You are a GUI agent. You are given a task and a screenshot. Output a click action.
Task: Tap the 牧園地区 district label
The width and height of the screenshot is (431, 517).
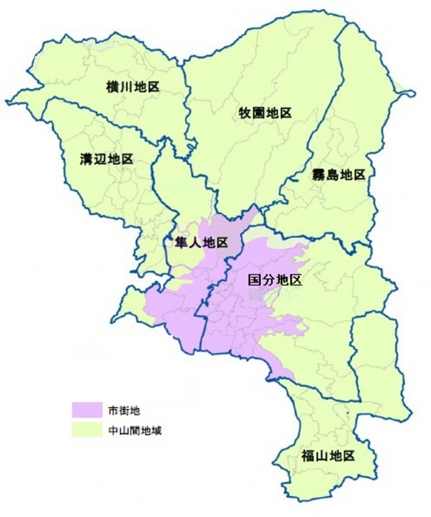[x=264, y=112]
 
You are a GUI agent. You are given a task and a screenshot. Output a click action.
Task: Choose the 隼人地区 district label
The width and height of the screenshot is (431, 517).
[x=202, y=242]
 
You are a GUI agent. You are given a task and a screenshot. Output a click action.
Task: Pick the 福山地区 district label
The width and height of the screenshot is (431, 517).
[x=328, y=456]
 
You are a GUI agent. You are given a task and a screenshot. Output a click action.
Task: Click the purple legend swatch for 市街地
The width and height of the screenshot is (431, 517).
[x=86, y=410]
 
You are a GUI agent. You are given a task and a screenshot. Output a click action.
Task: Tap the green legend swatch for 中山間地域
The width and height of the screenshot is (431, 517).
[x=86, y=431]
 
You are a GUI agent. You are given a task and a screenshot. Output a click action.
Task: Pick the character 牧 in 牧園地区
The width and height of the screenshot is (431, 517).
[x=244, y=112]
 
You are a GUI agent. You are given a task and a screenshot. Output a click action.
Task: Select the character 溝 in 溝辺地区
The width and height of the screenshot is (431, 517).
[x=86, y=159]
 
